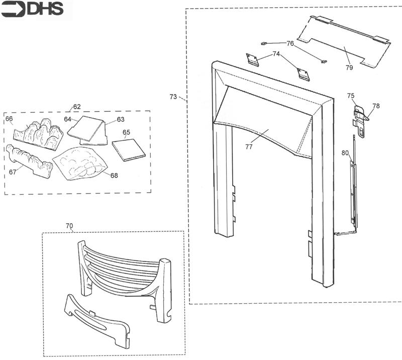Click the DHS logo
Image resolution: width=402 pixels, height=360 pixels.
point(32,9)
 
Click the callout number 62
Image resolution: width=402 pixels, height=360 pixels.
point(77,107)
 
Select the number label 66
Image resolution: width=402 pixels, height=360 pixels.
point(9,119)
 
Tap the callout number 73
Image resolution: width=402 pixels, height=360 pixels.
point(173,97)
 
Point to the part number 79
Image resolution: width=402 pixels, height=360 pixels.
point(349,67)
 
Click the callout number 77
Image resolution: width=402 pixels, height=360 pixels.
point(249,146)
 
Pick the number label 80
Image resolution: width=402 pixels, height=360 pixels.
point(345,153)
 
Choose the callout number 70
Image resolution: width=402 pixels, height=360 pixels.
point(69,226)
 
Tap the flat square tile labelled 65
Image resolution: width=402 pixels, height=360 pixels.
point(129,150)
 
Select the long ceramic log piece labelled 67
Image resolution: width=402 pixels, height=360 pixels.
point(29,160)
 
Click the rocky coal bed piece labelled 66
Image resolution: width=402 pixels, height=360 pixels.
point(39,134)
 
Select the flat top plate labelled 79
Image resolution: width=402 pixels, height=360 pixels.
point(344,43)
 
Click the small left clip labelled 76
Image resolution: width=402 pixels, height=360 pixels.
point(264,44)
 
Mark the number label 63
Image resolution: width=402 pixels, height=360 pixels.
point(121,119)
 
